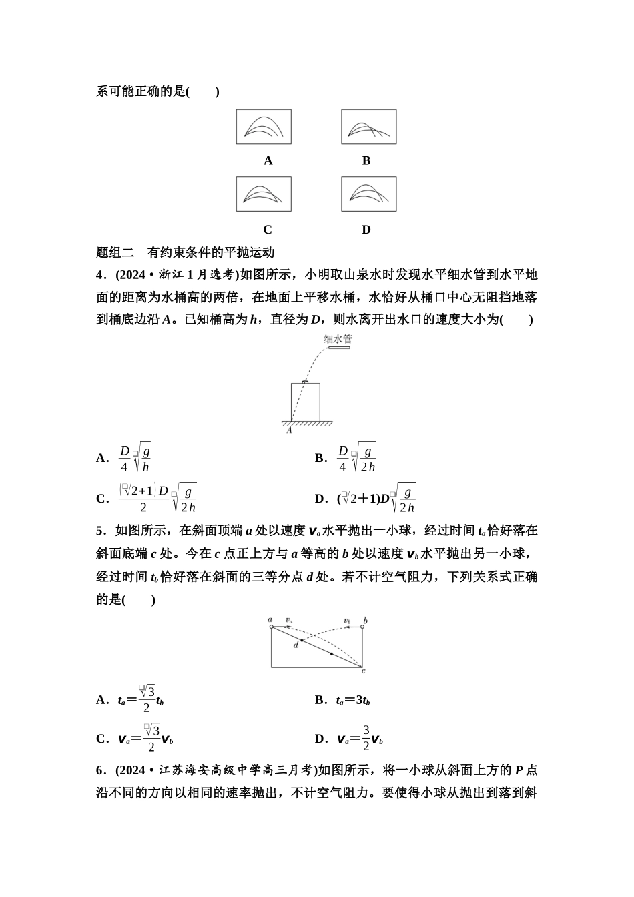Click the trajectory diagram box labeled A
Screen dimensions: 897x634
pos(264,127)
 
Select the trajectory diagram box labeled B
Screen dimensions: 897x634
pos(368,127)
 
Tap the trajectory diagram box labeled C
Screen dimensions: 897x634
pos(264,194)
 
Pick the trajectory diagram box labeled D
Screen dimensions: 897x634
pos(368,194)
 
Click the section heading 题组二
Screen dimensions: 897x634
pos(115,252)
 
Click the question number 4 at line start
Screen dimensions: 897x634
pos(100,274)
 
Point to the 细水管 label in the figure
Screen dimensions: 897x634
pos(338,339)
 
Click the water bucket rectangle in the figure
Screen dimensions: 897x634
pos(305,402)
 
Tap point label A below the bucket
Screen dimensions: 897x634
pos(289,430)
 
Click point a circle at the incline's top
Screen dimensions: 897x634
pos(272,627)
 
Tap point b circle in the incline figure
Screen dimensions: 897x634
pos(362,627)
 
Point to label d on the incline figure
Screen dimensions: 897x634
pos(296,645)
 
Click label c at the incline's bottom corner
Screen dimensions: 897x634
pos(363,670)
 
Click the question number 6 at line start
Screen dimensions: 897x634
pos(100,770)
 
